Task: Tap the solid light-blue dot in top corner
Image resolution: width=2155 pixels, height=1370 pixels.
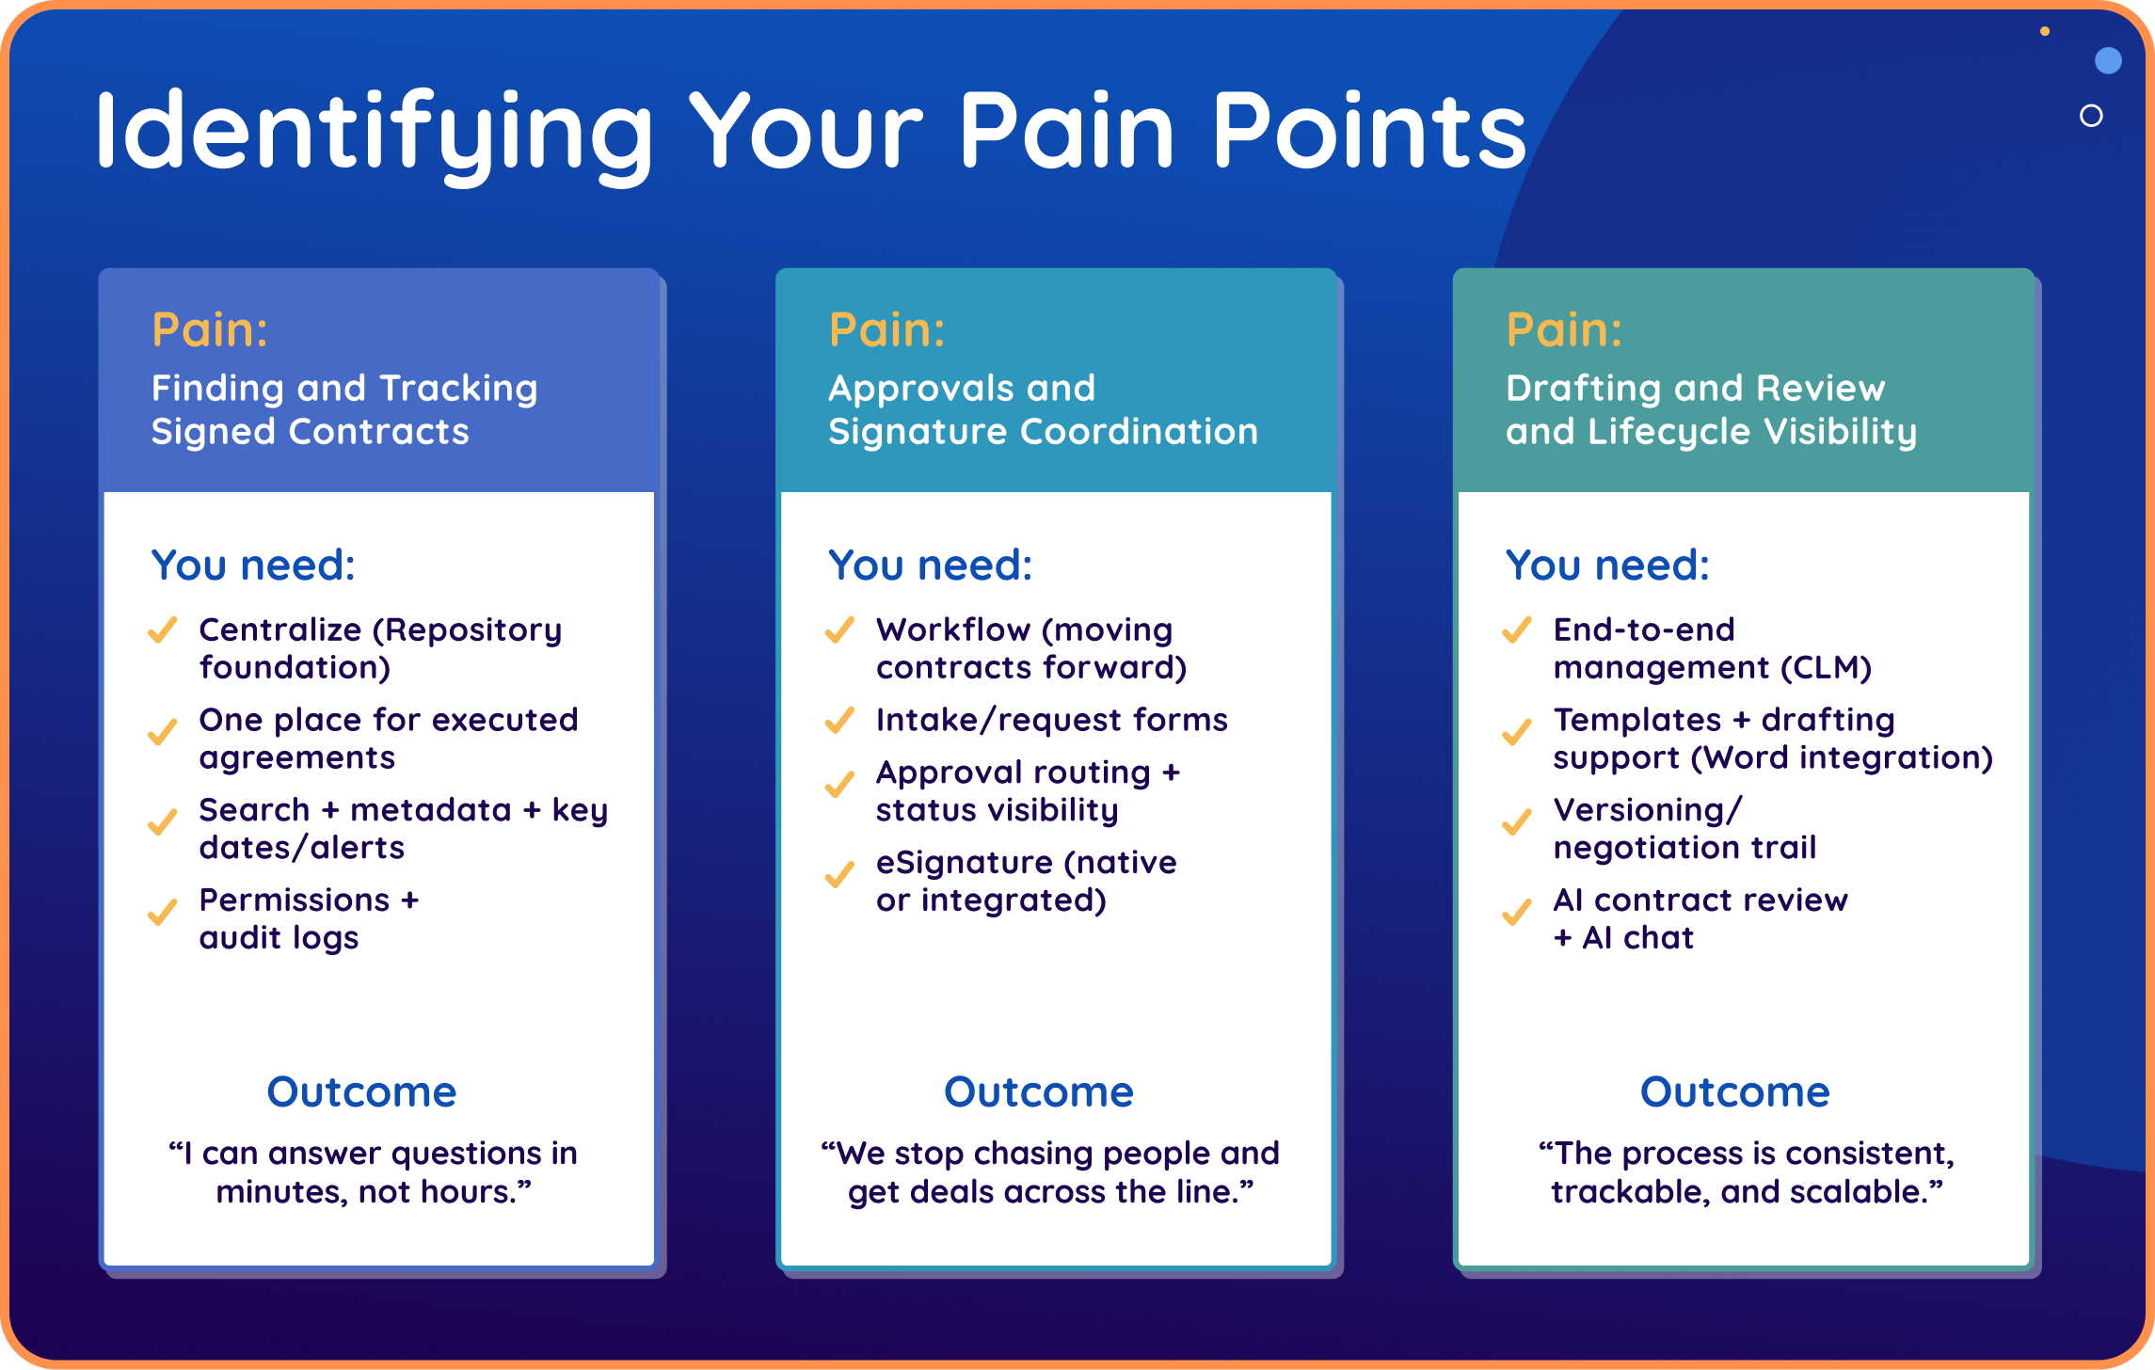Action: click(x=2108, y=61)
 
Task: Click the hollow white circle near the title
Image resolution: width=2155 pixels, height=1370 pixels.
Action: click(x=2091, y=116)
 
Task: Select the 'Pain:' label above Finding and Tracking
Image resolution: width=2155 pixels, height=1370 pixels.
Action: click(x=210, y=330)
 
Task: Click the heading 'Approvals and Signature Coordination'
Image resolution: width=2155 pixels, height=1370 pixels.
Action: click(x=1043, y=409)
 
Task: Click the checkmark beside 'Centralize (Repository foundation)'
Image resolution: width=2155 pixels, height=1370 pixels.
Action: click(x=163, y=629)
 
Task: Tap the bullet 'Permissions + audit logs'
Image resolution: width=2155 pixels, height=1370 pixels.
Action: click(x=309, y=918)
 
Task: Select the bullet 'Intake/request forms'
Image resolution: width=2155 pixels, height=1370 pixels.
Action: click(x=1051, y=720)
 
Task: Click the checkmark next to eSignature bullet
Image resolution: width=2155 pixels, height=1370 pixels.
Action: click(x=839, y=874)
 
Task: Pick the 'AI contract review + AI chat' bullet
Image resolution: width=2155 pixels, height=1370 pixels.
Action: click(x=1700, y=918)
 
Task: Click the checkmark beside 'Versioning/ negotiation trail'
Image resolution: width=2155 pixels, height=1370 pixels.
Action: click(x=1516, y=821)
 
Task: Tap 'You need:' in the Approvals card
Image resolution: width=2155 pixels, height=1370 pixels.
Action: click(x=930, y=566)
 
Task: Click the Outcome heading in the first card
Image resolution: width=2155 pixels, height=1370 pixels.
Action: click(x=361, y=1091)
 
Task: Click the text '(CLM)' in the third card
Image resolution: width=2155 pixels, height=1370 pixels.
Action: click(x=1826, y=668)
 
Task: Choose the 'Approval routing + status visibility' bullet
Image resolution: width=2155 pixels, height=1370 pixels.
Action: click(x=1027, y=791)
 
